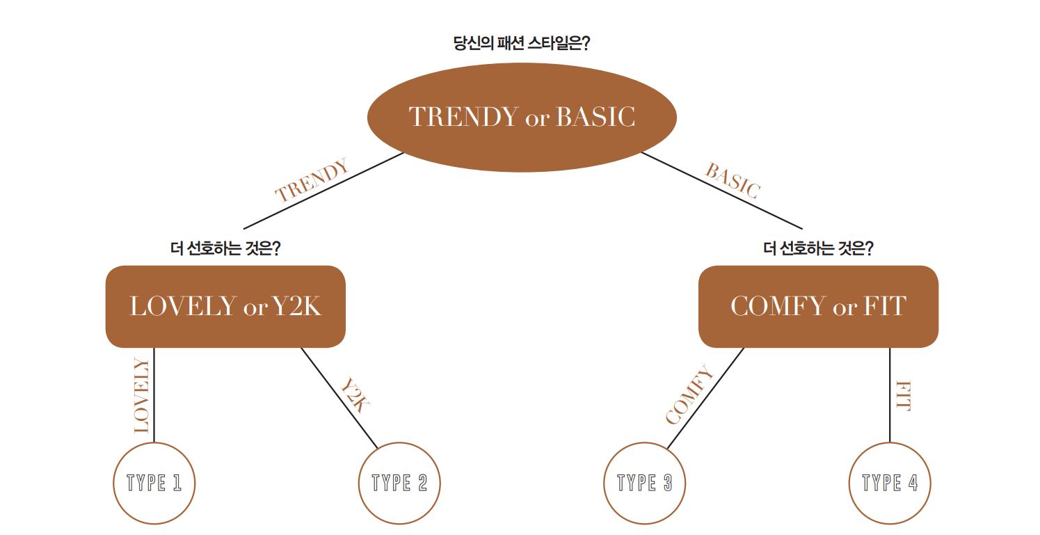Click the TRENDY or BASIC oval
pos(522,117)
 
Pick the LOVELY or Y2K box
pos(225,307)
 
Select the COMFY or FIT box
pos(819,307)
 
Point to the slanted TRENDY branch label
pos(312,180)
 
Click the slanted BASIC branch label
pos(733,181)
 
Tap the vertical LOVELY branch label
pos(141,395)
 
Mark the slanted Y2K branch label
pos(355,394)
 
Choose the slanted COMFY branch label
pos(689,394)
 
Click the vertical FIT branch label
pos(904,396)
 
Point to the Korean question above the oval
pos(522,43)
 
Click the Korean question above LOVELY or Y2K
pos(225,248)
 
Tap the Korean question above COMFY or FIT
pos(818,248)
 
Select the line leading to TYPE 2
pos(339,398)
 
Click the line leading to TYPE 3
pos(705,398)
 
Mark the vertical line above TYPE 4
pos(890,394)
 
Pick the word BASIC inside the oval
pos(595,117)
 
